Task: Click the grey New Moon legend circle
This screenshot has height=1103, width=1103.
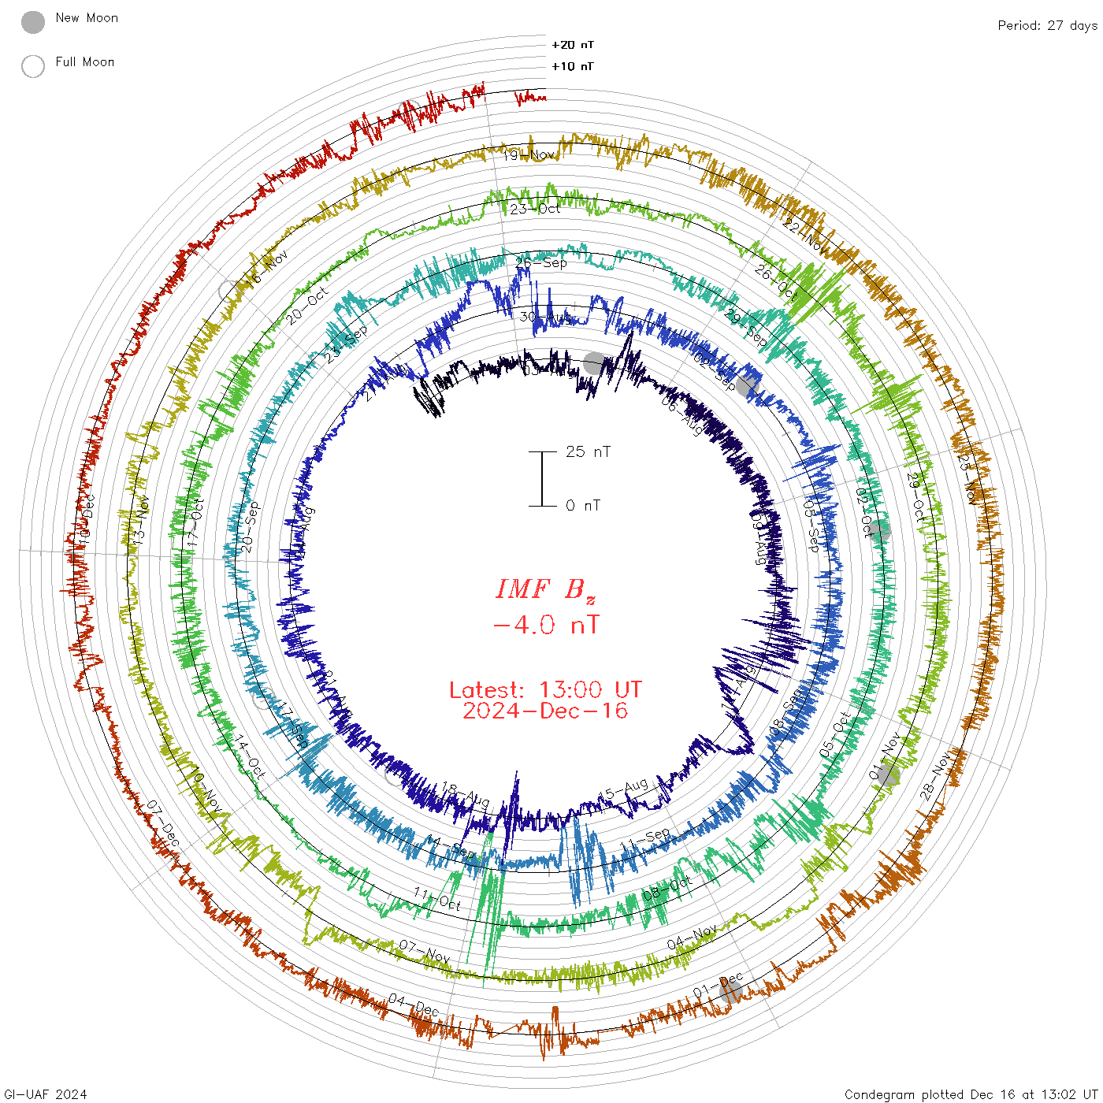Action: [33, 22]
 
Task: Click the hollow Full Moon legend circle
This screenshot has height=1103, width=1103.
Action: [33, 66]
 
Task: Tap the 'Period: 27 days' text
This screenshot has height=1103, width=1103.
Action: [1047, 26]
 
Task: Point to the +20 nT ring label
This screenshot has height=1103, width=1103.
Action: [573, 45]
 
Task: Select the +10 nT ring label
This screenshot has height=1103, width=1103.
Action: [573, 66]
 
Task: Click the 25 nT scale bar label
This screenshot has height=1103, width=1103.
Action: [588, 452]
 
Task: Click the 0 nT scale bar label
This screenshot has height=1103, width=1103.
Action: [583, 506]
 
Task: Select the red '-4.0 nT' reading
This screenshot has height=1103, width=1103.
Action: [545, 626]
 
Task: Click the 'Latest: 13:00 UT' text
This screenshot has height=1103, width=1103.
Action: [545, 690]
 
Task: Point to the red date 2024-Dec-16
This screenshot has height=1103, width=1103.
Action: [545, 711]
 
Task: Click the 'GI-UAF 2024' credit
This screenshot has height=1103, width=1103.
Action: [46, 1094]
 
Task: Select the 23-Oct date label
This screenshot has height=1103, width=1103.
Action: [535, 209]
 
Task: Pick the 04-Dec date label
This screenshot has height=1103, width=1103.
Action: [414, 1005]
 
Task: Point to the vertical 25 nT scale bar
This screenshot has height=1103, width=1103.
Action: [542, 479]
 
